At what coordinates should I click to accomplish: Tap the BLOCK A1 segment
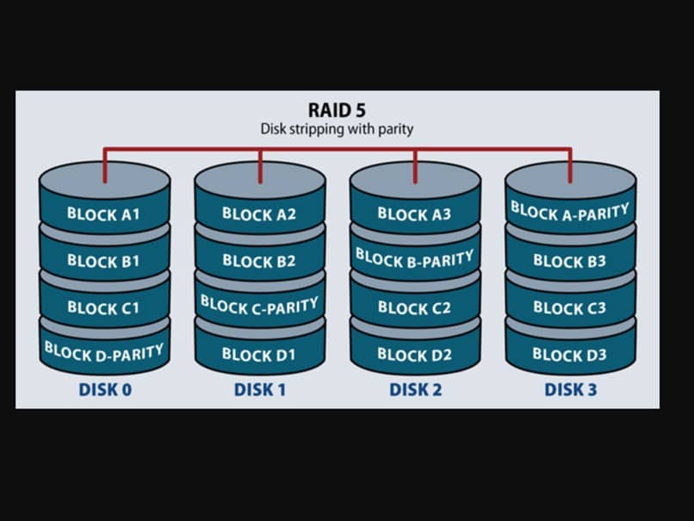tap(103, 214)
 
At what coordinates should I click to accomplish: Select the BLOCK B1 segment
tap(103, 260)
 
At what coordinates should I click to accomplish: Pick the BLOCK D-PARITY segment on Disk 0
tap(103, 350)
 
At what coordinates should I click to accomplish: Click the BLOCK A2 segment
tap(258, 214)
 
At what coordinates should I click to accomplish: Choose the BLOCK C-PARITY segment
tap(259, 305)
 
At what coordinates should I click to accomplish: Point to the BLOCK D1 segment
tap(258, 353)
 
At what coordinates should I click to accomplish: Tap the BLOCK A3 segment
tap(414, 214)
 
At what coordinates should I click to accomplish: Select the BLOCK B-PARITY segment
tap(414, 257)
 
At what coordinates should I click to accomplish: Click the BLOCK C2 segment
tap(414, 307)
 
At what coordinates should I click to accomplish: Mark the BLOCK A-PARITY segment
tap(570, 211)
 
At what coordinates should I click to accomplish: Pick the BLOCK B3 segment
tap(570, 260)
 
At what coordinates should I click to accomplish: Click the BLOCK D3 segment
tap(570, 353)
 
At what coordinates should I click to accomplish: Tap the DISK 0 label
tap(105, 389)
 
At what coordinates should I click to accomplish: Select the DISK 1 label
tap(260, 389)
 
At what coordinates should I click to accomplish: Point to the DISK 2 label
tap(415, 389)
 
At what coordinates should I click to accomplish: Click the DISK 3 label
tap(570, 389)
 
